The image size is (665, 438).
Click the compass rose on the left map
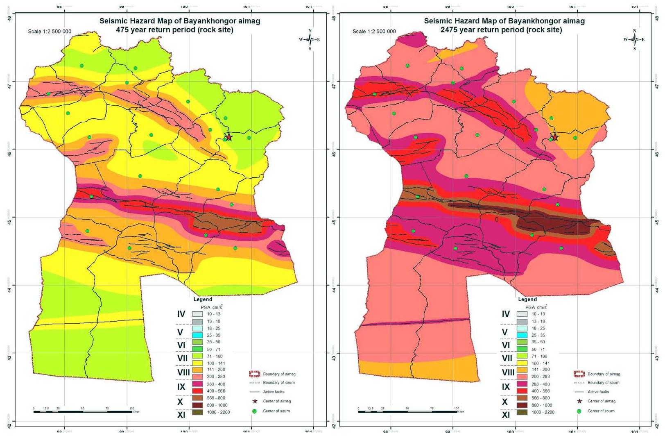click(x=310, y=39)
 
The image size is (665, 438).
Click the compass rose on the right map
click(x=634, y=39)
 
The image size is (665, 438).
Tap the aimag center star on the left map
click(x=229, y=136)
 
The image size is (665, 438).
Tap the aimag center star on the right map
click(x=555, y=136)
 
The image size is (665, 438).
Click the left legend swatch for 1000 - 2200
click(x=197, y=412)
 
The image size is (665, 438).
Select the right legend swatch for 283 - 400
click(x=522, y=384)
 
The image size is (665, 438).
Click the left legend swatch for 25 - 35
click(x=197, y=335)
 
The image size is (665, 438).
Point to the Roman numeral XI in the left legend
click(x=181, y=415)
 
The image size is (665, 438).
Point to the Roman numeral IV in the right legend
click(x=506, y=314)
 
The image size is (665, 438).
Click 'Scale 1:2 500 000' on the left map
click(x=50, y=32)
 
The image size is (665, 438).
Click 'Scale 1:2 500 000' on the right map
click(x=374, y=32)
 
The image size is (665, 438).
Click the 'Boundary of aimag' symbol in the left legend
click(x=254, y=374)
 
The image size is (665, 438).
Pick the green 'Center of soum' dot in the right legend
click(x=579, y=411)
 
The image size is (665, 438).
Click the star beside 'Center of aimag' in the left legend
click(x=254, y=401)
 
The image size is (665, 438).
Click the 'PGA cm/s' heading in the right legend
click(x=536, y=307)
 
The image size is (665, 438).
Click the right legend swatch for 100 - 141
click(x=522, y=363)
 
